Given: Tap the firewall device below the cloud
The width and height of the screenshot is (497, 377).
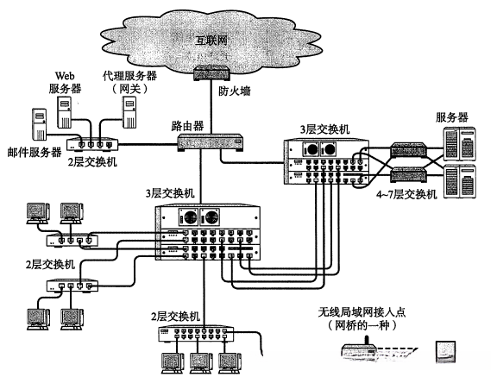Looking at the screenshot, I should point(210,75).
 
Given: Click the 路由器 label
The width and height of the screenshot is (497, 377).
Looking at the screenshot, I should point(186,125).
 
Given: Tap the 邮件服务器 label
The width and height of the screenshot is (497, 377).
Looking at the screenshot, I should point(32,152).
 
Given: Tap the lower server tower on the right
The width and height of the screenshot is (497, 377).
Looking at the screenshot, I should point(461,181).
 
